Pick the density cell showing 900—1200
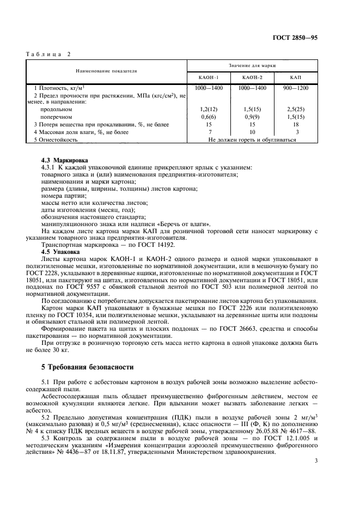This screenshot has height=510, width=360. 296,88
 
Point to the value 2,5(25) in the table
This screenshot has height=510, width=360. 296,109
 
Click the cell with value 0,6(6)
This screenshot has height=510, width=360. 209,117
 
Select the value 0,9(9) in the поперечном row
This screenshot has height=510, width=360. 253,117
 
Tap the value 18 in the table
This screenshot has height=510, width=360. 296,124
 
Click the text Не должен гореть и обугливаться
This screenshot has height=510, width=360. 252,139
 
